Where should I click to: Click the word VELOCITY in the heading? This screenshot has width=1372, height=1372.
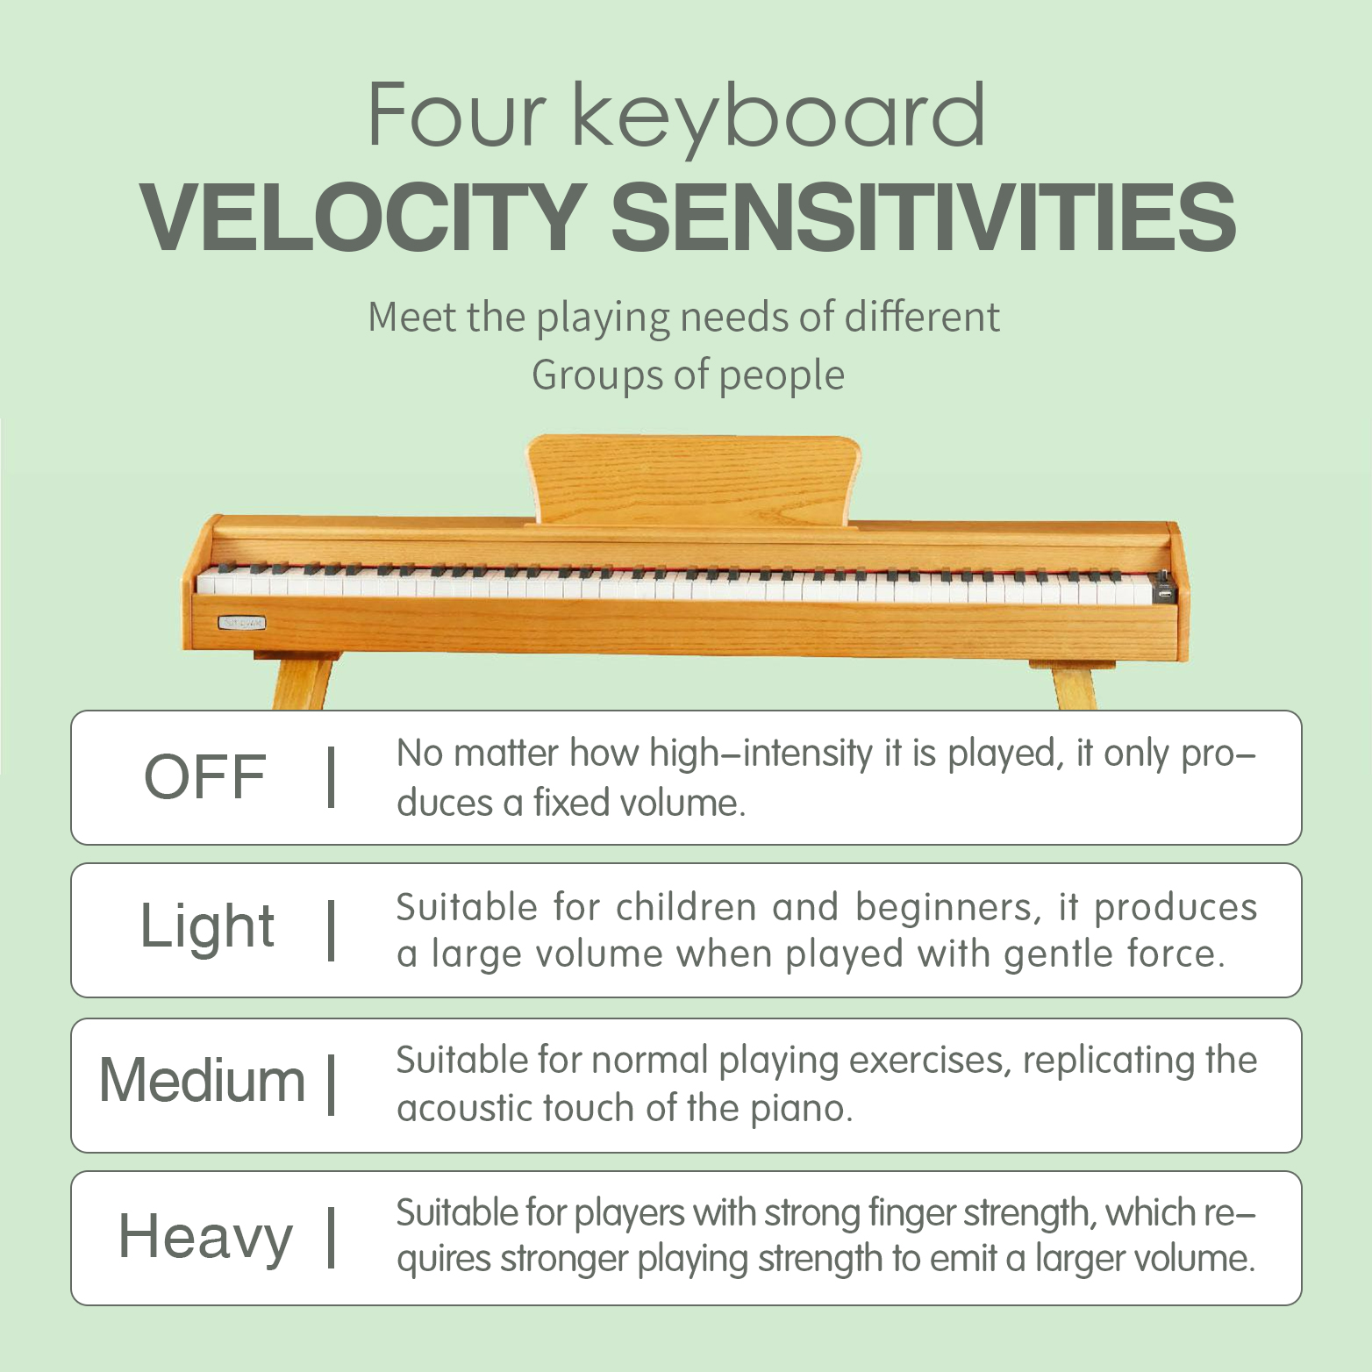coord(363,217)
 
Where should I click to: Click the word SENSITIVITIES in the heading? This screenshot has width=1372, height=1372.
coord(923,217)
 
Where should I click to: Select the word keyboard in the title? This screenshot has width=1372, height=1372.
coord(779,118)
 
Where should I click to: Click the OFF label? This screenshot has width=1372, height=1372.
coord(205,777)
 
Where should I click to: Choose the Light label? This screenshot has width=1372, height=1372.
coord(208,928)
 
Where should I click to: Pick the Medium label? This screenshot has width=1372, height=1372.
coord(202,1080)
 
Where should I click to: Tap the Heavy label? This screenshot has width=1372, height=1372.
coord(205,1238)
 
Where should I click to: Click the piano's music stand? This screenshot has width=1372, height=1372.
coord(693,481)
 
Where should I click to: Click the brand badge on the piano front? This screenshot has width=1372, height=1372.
coord(241,623)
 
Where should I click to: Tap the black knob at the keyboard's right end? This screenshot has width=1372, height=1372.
coord(1164,587)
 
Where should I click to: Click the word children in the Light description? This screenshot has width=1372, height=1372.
coord(685,907)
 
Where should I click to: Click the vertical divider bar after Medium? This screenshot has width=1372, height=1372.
coord(332,1084)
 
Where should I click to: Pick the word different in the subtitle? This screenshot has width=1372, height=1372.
coord(922,317)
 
